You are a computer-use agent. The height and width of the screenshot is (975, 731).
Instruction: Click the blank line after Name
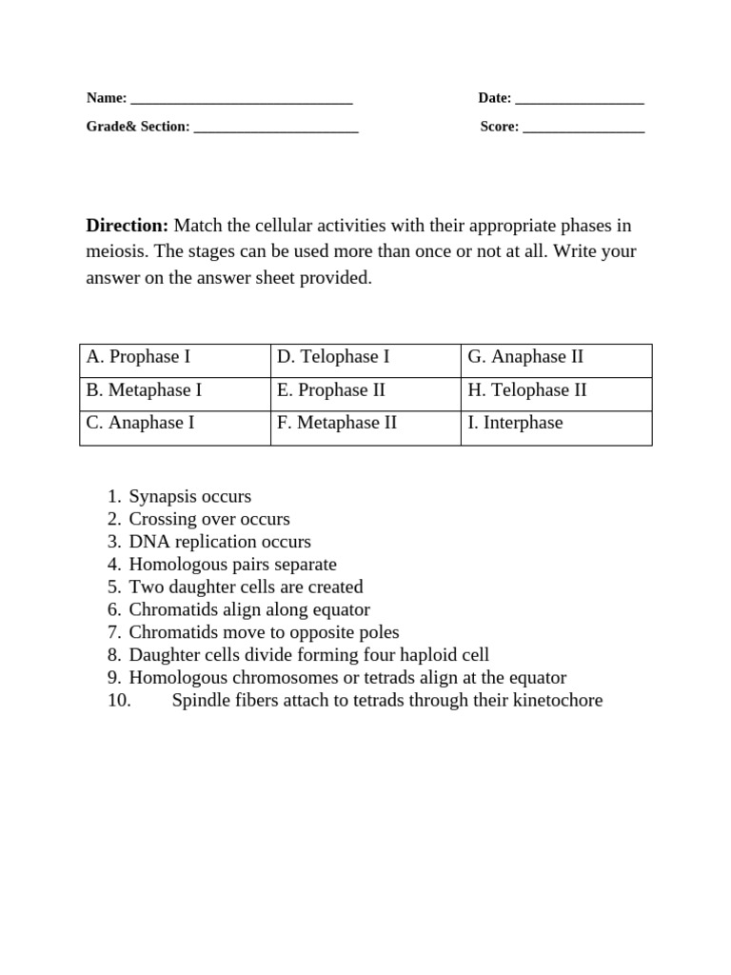point(241,100)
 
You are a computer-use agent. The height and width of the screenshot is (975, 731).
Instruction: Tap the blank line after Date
point(579,100)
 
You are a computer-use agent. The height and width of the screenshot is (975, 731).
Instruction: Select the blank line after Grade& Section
point(275,129)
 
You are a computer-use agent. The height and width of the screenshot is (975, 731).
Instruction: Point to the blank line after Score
point(583,129)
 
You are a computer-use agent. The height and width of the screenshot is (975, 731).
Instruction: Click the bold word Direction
point(127,226)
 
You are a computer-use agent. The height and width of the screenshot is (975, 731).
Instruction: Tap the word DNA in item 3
point(148,542)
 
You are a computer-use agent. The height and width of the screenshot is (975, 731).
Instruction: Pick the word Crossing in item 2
point(162,520)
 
